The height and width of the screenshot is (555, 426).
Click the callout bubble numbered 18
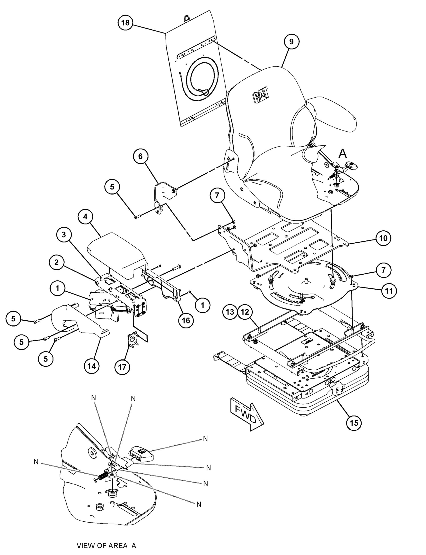(x=125, y=23)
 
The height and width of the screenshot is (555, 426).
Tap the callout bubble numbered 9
(x=291, y=41)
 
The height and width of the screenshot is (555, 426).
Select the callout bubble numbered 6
(x=140, y=156)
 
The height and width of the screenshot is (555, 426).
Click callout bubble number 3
(x=64, y=235)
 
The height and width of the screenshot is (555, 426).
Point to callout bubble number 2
(x=56, y=262)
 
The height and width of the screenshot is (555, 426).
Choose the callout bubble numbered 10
(x=383, y=238)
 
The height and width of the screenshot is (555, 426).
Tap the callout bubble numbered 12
(x=245, y=312)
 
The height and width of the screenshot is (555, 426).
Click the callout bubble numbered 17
(x=122, y=367)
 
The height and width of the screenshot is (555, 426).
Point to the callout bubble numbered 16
(x=186, y=320)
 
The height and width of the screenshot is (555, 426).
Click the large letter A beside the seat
(x=343, y=153)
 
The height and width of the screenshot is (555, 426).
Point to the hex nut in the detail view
(x=100, y=507)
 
